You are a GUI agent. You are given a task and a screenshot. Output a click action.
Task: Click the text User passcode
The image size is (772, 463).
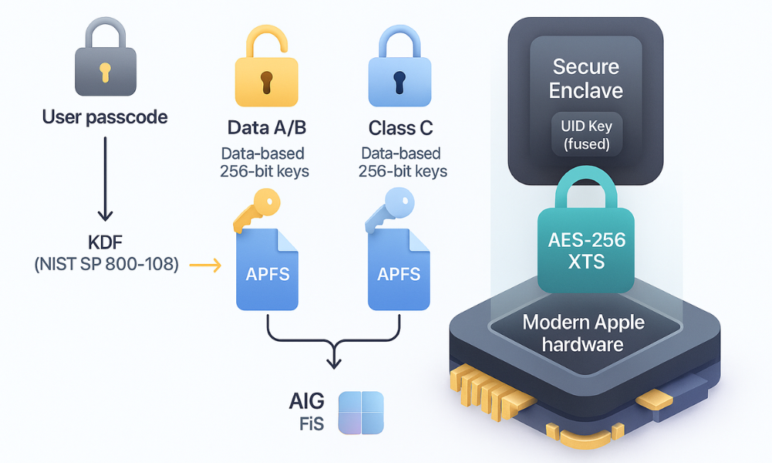104,118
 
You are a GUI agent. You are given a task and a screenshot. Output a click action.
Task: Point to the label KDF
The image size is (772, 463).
107,241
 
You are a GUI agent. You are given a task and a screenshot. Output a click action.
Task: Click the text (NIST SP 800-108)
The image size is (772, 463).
107,265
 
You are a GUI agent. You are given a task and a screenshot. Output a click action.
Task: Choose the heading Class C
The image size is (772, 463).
399,127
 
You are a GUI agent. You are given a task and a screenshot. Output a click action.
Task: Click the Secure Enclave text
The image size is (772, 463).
585,79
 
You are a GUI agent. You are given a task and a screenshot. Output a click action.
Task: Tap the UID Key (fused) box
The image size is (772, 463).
585,136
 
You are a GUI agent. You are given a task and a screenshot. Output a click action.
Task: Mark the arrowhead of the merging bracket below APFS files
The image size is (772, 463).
333,362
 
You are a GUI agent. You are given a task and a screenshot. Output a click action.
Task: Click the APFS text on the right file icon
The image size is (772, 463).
398,273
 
